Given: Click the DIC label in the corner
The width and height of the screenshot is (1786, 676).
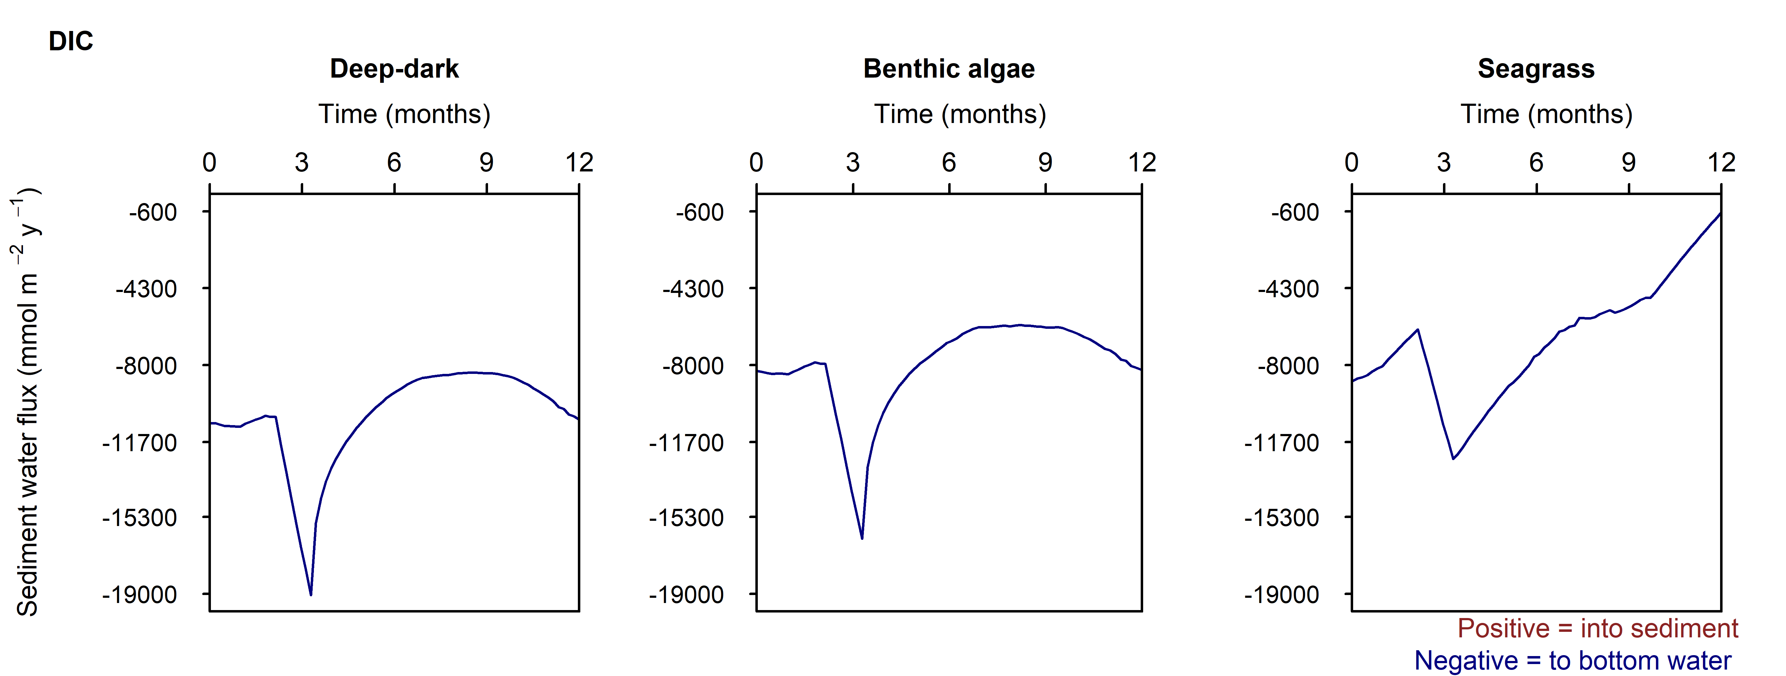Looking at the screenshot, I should (71, 42).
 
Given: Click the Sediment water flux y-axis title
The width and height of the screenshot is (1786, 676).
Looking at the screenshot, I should (26, 402).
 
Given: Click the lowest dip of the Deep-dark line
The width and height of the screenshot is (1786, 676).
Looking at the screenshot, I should (311, 594).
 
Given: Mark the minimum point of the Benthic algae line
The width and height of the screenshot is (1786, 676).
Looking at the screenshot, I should (862, 538).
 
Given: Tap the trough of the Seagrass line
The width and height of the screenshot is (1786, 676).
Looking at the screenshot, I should (1453, 458).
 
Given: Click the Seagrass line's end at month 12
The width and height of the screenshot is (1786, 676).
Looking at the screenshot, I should (1720, 214).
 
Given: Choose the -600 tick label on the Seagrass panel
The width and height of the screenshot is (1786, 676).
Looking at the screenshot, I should (1294, 212).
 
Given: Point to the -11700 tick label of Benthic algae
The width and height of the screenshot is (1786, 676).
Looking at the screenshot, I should (686, 442).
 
